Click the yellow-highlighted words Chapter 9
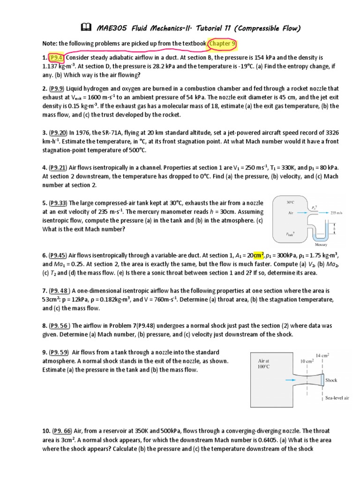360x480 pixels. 223,44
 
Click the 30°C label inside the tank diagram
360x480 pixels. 290,202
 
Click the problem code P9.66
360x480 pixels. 65,431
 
